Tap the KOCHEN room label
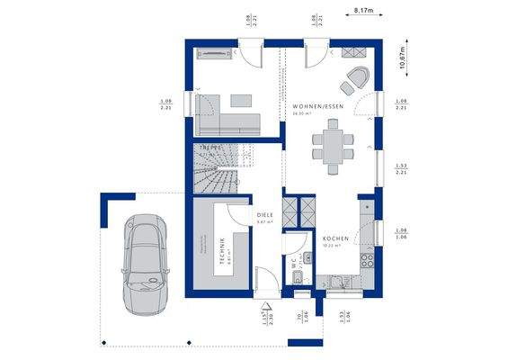tap(334, 238)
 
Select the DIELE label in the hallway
tap(264, 215)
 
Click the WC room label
tap(292, 265)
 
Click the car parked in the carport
tap(145, 262)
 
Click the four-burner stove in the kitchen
tap(367, 262)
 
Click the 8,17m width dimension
tap(363, 12)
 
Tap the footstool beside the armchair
tap(346, 87)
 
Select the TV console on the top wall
tap(217, 55)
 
